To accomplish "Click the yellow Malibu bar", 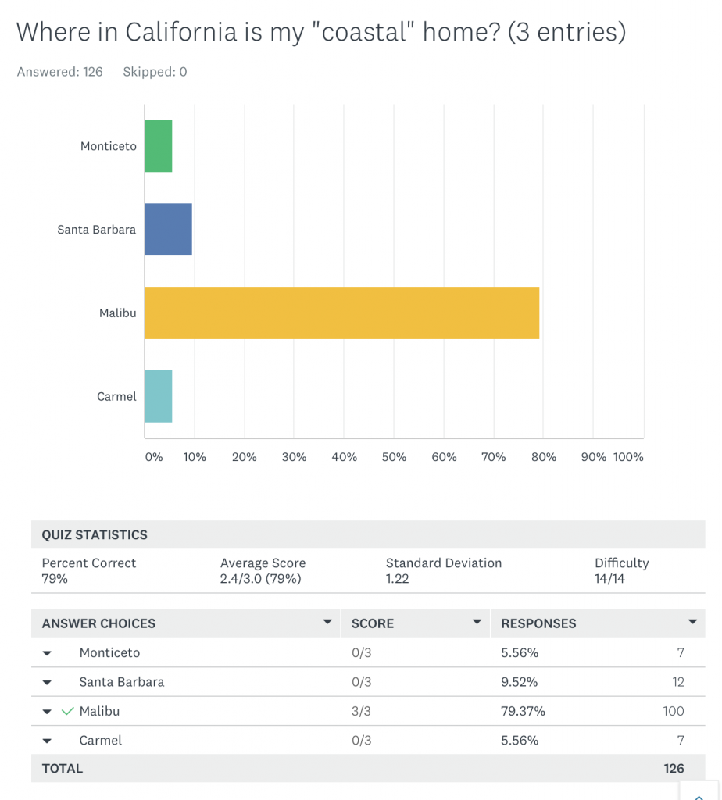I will (341, 312).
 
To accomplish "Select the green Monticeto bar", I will (159, 146).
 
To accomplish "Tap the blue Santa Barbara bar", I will (168, 229).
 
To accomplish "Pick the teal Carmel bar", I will (159, 396).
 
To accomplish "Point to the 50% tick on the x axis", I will (394, 457).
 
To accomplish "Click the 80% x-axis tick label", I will (543, 457).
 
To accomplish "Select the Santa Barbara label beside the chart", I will (97, 230).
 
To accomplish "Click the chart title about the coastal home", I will (320, 32).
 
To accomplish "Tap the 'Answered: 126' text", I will (60, 72).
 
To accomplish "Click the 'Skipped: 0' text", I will (155, 72).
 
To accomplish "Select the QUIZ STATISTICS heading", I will (95, 535).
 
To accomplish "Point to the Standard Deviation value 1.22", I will (398, 579).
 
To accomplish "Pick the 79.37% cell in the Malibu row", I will (523, 711).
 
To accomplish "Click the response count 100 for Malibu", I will (673, 711).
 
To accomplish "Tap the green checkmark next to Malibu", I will (68, 711).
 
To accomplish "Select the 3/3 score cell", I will (362, 711).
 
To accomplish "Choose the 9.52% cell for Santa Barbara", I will (519, 682).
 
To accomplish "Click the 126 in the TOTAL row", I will (674, 768).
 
